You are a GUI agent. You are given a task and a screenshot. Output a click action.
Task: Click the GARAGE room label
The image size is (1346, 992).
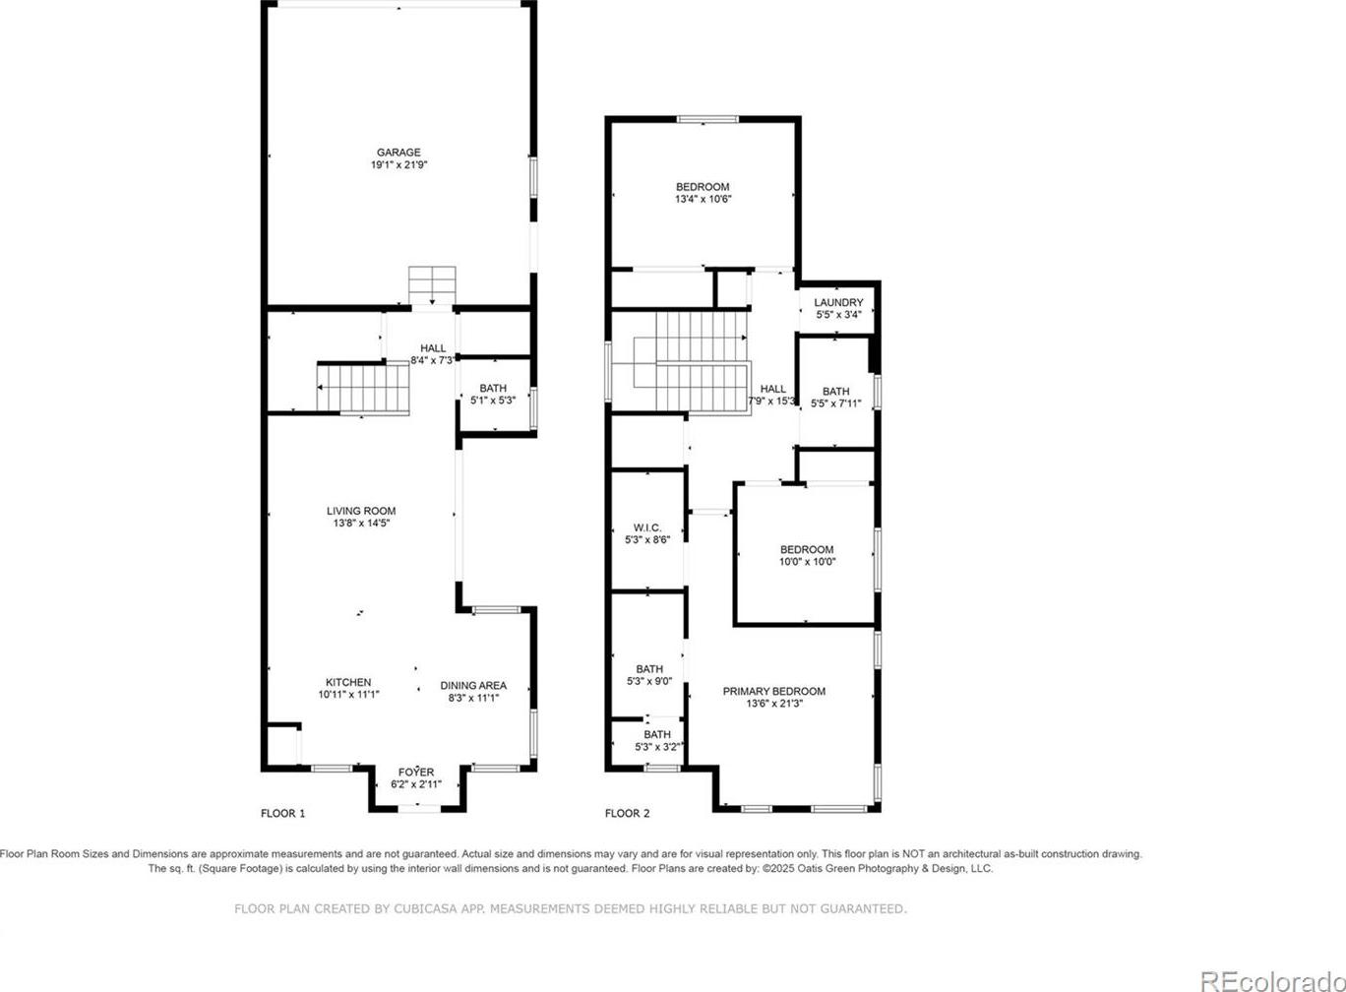398,153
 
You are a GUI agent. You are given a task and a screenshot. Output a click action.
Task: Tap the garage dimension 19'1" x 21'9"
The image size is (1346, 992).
398,164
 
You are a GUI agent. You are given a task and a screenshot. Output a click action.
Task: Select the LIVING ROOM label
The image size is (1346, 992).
361,511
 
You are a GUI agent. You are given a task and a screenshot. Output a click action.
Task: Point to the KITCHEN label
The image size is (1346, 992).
348,682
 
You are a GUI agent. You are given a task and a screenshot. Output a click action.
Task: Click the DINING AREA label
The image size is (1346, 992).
473,685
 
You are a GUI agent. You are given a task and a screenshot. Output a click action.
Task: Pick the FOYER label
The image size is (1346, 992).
416,773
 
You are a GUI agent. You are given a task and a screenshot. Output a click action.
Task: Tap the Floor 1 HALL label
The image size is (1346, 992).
433,348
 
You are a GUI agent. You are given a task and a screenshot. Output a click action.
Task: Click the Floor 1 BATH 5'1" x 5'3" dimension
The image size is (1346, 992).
493,401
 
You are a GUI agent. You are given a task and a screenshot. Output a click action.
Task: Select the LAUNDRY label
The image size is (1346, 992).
838,302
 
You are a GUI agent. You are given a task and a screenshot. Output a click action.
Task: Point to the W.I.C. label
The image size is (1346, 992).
647,527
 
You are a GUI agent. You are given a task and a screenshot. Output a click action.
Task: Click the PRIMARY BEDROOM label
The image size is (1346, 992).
774,691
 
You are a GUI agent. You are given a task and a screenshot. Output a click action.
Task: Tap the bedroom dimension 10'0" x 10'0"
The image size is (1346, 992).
807,562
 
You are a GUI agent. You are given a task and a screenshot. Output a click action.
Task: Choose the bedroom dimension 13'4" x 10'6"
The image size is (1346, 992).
704,199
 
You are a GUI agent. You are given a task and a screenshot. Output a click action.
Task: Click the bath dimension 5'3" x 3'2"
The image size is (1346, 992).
657,747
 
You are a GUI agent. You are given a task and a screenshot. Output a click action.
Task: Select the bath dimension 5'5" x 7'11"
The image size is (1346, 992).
836,403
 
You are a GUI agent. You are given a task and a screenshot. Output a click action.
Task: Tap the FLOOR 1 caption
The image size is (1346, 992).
282,814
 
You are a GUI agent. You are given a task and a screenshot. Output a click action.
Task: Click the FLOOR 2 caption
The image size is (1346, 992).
627,814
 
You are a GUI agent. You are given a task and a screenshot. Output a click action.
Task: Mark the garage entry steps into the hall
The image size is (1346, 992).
432,285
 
